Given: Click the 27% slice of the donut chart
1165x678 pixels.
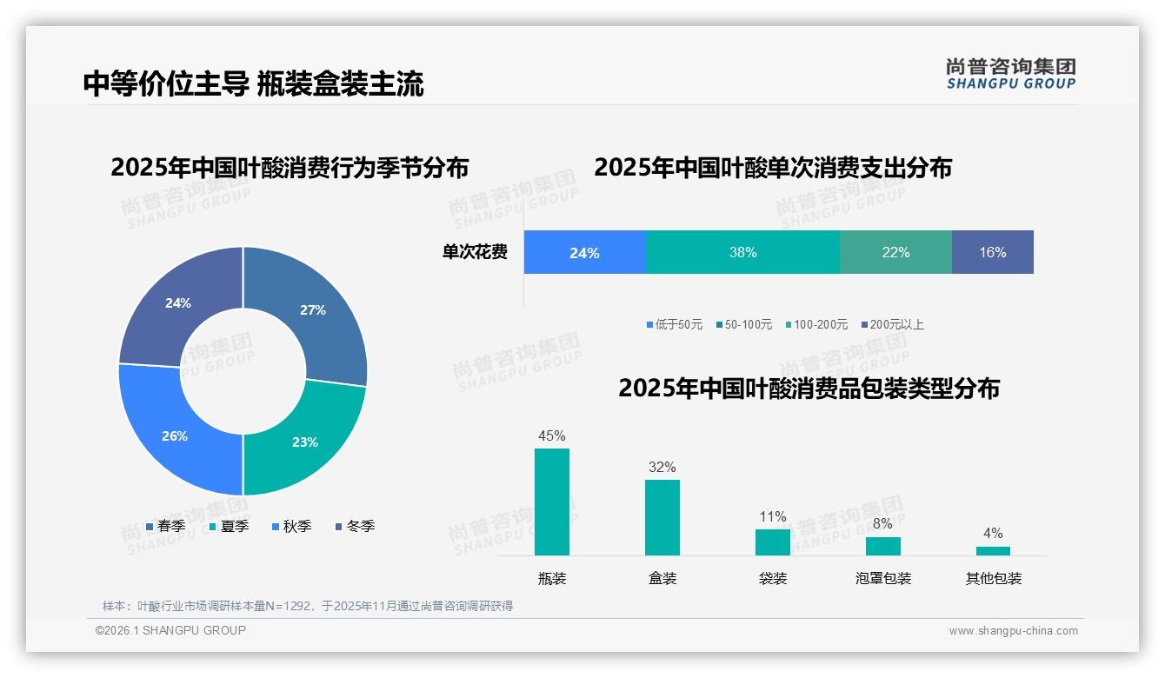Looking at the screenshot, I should click(313, 310).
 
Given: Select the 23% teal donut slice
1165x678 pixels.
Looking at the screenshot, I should click(304, 442).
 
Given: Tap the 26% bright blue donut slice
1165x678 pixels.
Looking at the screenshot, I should click(175, 435).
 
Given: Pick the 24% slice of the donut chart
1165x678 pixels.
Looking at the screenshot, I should click(178, 303).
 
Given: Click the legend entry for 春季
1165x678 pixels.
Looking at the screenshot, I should click(165, 526).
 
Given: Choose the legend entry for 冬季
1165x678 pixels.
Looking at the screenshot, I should click(355, 526).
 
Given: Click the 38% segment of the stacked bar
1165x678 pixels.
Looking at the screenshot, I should click(742, 253).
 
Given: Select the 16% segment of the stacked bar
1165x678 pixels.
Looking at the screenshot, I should click(992, 253).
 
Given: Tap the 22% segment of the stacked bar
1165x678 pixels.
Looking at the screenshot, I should click(895, 253).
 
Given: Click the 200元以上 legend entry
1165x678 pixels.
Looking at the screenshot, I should click(892, 324).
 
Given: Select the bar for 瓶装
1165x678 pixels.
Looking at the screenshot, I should click(552, 502).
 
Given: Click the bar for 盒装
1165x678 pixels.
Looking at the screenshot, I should click(662, 517).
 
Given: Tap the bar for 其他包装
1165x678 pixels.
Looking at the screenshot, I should click(993, 550).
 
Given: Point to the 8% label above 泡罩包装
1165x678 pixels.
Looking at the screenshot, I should click(882, 523).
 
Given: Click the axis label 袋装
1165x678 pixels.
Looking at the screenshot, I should click(772, 578).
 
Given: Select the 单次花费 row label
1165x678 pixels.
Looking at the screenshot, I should click(475, 253).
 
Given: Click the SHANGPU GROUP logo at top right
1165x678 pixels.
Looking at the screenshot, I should click(1010, 74).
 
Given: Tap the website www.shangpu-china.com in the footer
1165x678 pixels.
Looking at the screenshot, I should click(1013, 631).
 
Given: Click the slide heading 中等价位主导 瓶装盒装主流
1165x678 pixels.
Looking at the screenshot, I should click(253, 83).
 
